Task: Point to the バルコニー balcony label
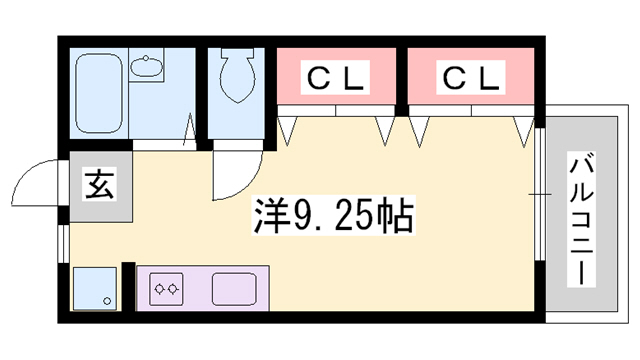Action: click(580, 221)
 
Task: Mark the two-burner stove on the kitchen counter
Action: click(166, 290)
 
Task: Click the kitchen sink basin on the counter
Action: click(237, 288)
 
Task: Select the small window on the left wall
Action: click(63, 241)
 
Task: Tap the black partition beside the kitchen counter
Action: click(127, 288)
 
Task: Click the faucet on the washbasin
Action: click(149, 59)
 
